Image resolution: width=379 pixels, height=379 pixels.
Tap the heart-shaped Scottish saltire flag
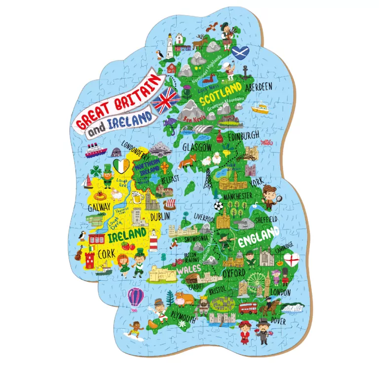[240, 52]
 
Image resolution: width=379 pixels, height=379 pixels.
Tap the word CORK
[106, 254]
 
